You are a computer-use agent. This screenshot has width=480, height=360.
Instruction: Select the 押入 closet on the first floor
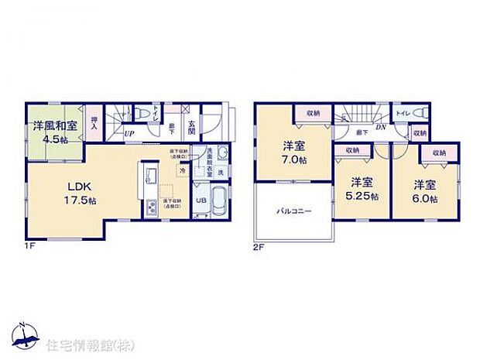click(x=94, y=123)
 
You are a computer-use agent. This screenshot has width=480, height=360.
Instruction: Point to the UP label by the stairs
click(x=130, y=134)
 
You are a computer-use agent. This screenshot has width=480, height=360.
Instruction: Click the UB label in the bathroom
click(x=199, y=200)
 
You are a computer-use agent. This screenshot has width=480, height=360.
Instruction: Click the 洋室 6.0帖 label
click(x=423, y=191)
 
